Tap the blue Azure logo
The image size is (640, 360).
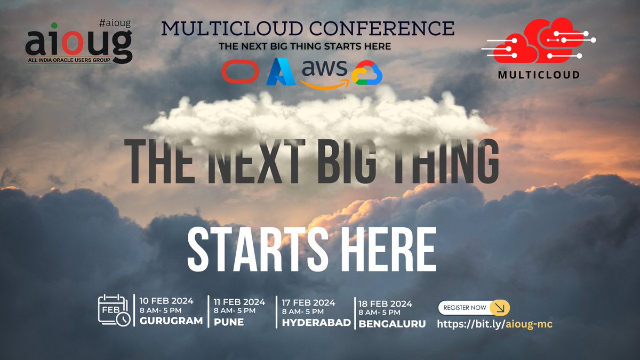coord(281,72)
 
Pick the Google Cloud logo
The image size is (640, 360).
coord(367,73)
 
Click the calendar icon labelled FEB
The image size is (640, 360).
coord(114,310)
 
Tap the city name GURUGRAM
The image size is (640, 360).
coord(171,321)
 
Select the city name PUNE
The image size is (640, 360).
coord(229,322)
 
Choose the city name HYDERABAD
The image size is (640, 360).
coord(316,323)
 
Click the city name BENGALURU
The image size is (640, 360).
coord(392,323)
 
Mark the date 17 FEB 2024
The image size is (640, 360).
coord(309,302)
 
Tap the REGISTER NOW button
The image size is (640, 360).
coord(474,308)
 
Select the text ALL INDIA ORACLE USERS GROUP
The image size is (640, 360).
coord(68,61)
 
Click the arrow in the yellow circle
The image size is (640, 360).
coord(499,308)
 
